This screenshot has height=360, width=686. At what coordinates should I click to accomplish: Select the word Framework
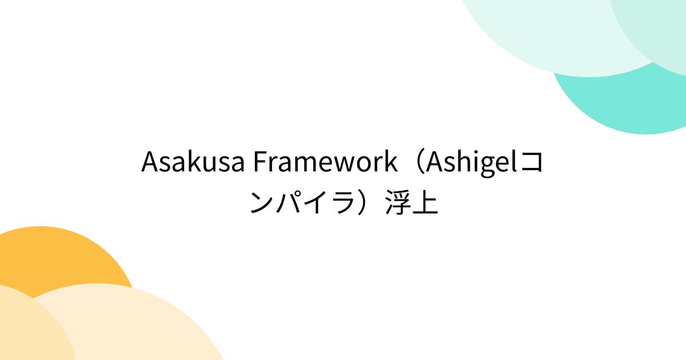tap(324, 163)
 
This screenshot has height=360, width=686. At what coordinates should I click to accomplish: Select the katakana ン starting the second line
tap(262, 203)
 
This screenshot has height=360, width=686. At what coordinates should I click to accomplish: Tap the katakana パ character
tap(288, 203)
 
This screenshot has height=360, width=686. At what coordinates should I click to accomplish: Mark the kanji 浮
tap(398, 203)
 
